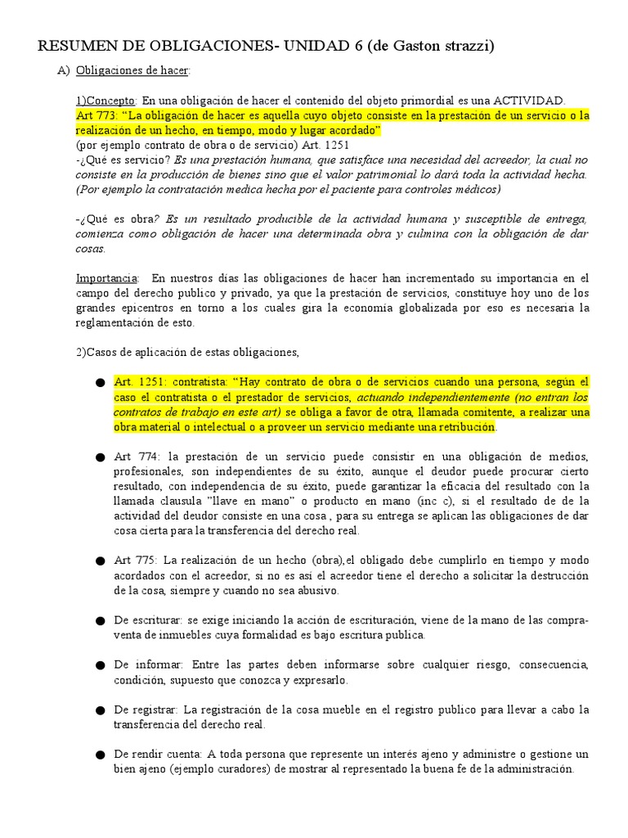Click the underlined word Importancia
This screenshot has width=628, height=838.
[107, 278]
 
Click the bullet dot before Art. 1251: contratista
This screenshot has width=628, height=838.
[100, 383]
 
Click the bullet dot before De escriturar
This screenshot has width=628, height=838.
[100, 620]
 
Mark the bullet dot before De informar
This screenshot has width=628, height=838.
[100, 665]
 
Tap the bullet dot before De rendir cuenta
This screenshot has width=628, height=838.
[100, 755]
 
